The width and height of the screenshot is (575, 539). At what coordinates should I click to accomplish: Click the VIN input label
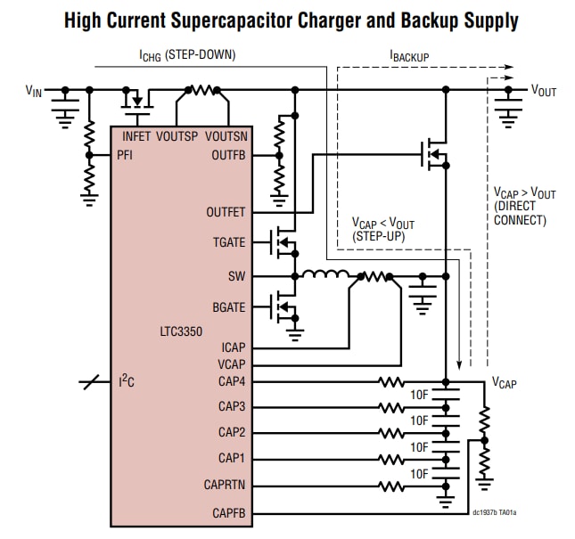[x=33, y=90]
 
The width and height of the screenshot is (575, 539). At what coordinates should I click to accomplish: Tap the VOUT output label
[x=543, y=90]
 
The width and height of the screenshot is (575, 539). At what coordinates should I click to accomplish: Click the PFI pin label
[x=126, y=155]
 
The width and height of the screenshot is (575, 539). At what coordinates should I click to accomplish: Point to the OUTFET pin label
[x=226, y=212]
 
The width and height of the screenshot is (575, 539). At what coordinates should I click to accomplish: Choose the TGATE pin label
[x=228, y=241]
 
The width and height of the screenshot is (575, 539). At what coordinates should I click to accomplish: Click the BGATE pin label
[x=228, y=306]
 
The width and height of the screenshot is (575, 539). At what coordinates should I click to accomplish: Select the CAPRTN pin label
[x=223, y=486]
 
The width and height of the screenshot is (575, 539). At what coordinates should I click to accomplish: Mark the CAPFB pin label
[x=228, y=512]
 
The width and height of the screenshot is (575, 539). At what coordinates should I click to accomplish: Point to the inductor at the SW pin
[x=319, y=274]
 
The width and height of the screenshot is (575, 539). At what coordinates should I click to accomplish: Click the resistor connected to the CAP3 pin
[x=391, y=407]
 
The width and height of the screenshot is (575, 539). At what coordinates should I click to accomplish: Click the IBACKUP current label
[x=409, y=56]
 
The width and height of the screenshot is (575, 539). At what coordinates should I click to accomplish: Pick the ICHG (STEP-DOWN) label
[x=186, y=55]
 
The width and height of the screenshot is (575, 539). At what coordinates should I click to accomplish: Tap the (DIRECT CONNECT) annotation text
[x=520, y=213]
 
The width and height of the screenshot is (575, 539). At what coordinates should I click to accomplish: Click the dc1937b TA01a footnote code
[x=494, y=512]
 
